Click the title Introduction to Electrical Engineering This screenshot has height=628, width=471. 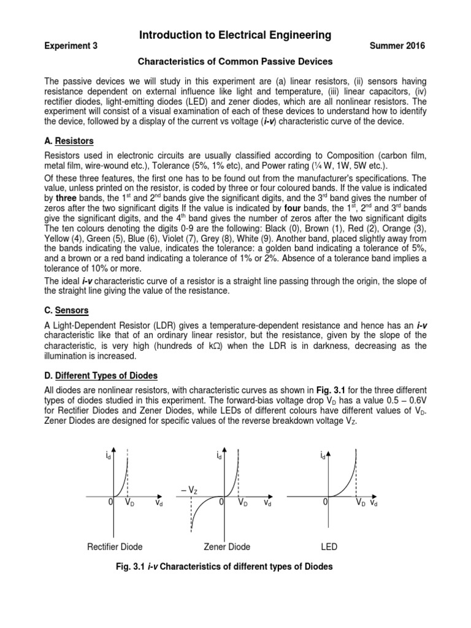coord(235,36)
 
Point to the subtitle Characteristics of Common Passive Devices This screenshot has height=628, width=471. coord(235,62)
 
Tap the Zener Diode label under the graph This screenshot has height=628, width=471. coord(227,546)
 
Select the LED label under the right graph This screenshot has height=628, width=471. coord(329,546)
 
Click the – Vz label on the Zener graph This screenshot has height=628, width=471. coord(189,489)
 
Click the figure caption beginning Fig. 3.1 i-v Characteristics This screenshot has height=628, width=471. coord(235,567)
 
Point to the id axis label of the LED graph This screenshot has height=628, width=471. coord(323,456)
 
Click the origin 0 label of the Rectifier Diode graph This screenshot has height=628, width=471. coord(110,502)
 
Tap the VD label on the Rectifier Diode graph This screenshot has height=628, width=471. coord(129,502)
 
